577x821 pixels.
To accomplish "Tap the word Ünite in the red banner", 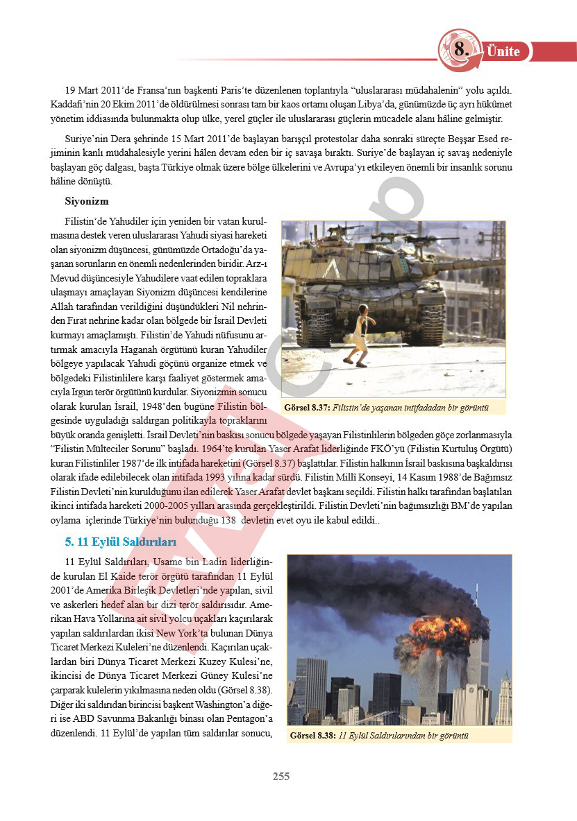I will point(503,51).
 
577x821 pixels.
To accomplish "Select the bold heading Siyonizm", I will point(87,201).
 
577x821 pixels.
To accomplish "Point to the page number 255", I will point(281,777).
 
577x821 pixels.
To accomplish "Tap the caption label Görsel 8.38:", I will point(312,735).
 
